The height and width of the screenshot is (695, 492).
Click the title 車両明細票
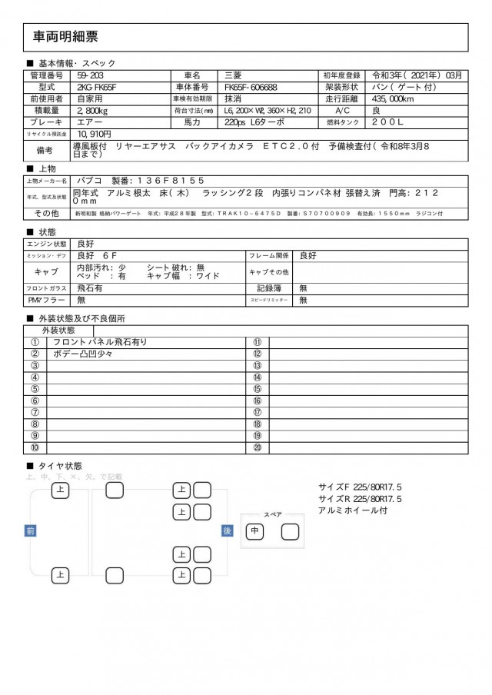(x=65, y=36)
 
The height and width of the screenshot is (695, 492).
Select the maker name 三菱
(x=233, y=75)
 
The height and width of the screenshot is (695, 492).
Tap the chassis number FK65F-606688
(x=256, y=87)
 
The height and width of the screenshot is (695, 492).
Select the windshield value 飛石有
(x=91, y=288)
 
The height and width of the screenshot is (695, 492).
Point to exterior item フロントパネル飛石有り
(x=100, y=342)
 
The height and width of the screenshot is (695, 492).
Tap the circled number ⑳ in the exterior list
(x=258, y=447)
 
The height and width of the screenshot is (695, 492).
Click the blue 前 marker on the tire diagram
(x=30, y=530)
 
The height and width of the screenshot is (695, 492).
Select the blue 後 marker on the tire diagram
(x=227, y=530)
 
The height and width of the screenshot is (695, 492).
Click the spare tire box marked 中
(x=254, y=531)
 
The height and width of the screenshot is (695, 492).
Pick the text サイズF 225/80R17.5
(x=360, y=487)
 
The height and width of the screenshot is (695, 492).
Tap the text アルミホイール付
(x=353, y=510)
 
